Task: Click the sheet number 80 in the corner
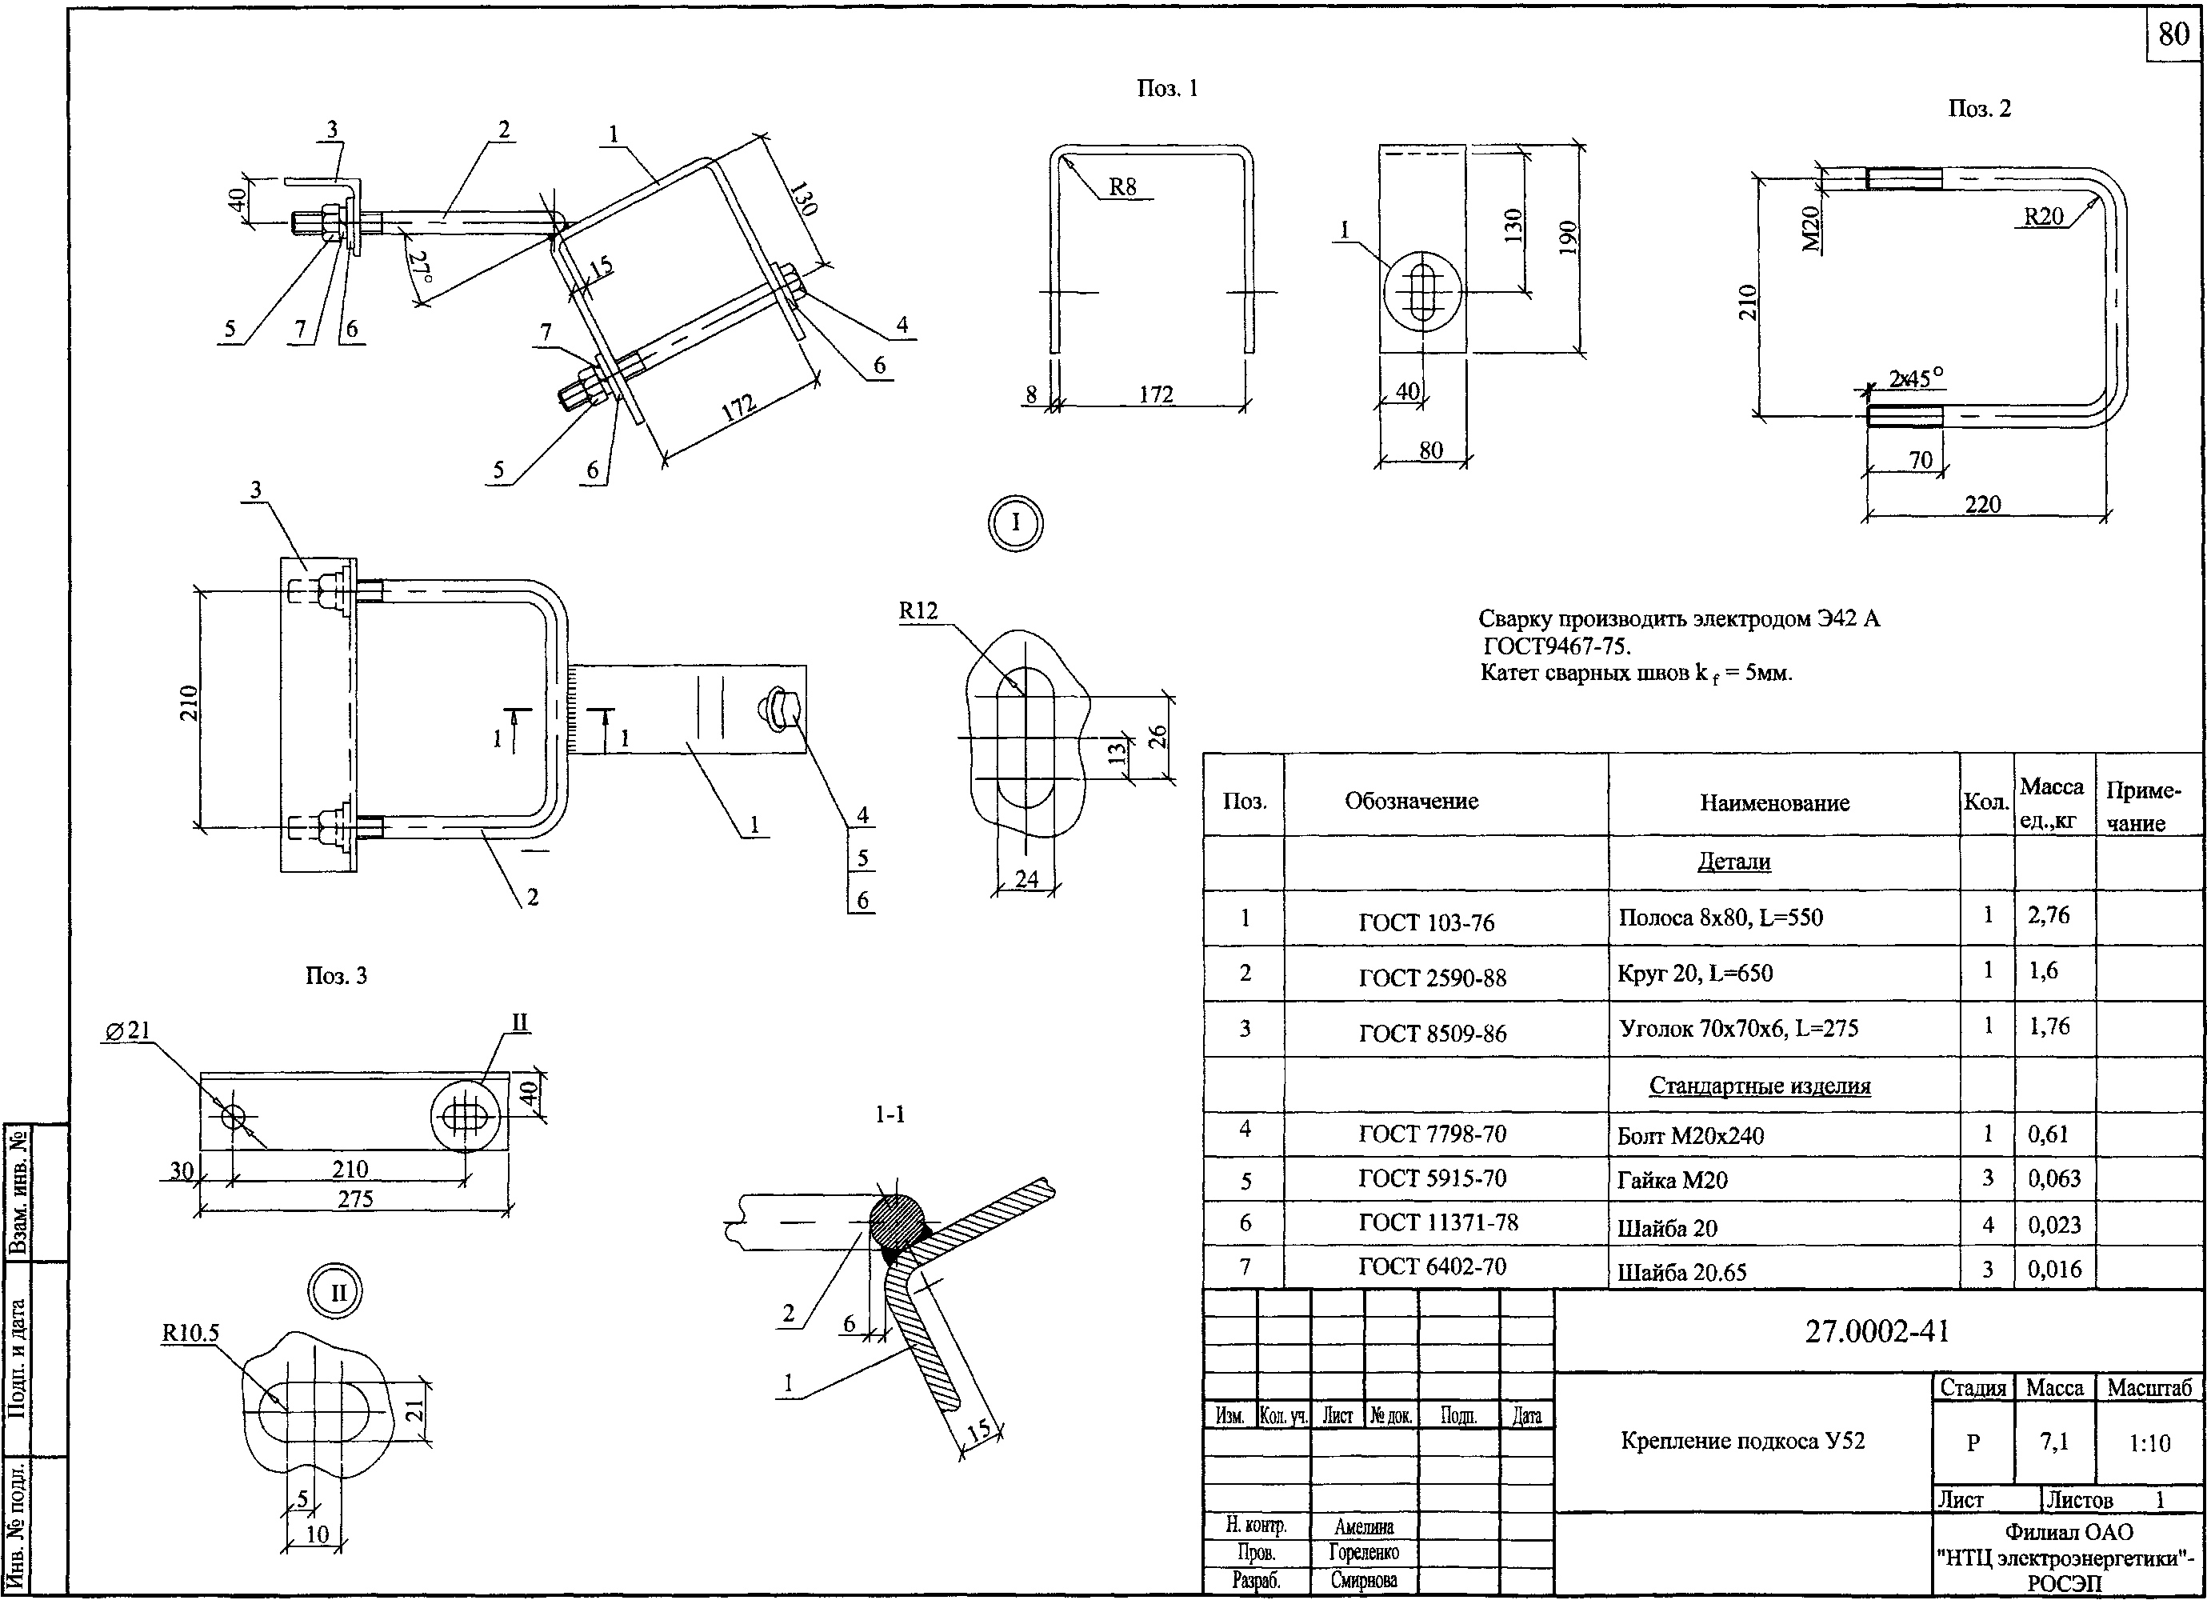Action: click(x=2173, y=35)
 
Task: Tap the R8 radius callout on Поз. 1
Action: click(x=1122, y=187)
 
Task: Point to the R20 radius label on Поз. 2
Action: click(x=2044, y=216)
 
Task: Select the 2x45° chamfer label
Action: click(x=1915, y=378)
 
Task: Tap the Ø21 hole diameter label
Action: click(x=126, y=1030)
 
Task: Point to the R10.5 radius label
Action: click(x=190, y=1332)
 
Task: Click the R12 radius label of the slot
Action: click(x=918, y=611)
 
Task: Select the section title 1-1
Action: click(x=890, y=1115)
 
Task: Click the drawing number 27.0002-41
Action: click(x=1877, y=1331)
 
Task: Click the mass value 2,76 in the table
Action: click(x=2049, y=916)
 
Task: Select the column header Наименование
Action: click(x=1775, y=803)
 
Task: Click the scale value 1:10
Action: click(x=2148, y=1442)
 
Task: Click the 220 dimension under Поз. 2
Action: click(x=1982, y=504)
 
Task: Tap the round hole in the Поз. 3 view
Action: click(x=234, y=1115)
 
